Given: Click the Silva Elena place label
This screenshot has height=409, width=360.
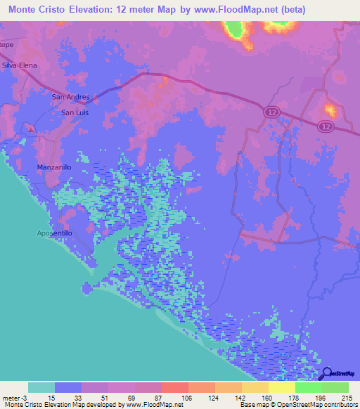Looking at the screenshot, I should [19, 65].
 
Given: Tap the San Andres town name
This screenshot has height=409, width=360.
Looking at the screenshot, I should [69, 97].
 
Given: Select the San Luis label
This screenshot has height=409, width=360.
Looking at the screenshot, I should [75, 112].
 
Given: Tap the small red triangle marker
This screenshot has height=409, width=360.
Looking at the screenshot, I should [31, 128].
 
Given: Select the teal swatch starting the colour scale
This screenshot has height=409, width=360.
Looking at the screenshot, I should [41, 387].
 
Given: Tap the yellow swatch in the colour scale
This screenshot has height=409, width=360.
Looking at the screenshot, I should [281, 387].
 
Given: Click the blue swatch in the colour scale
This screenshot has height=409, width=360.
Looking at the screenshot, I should [68, 387].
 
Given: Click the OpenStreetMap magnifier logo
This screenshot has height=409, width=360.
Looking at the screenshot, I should [326, 373].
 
